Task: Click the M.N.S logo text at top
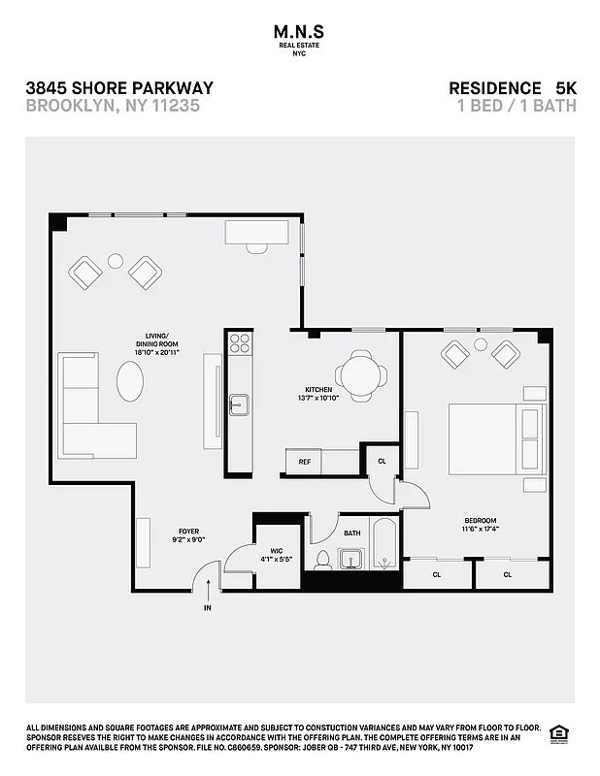pos(300,31)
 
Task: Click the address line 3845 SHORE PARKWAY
pos(119,88)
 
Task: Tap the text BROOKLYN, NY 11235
pos(113,106)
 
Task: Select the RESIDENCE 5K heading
pos(512,88)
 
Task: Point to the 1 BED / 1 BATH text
pos(516,106)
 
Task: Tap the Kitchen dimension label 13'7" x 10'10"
pos(318,400)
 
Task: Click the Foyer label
pos(187,535)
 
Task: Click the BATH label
pos(351,533)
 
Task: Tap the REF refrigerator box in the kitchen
pos(304,463)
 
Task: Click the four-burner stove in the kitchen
pos(239,342)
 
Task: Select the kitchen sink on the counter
pos(239,404)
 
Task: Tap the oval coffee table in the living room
pos(130,380)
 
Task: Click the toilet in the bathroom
pos(322,560)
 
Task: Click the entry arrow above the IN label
pos(207,589)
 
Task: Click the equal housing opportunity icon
pos(558,733)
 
